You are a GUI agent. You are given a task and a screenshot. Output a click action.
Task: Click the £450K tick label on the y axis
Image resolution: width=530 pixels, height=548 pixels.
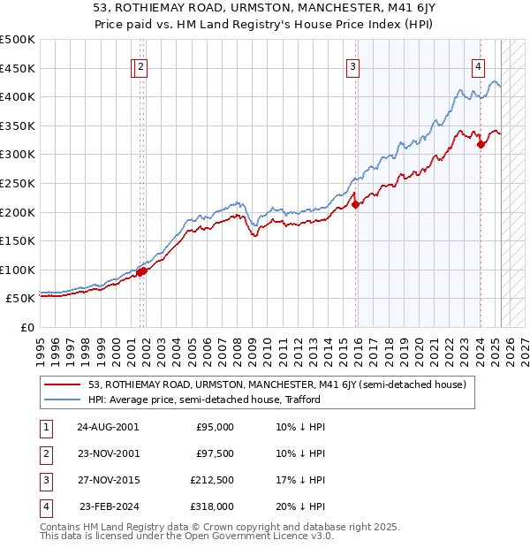pyautogui.click(x=17, y=68)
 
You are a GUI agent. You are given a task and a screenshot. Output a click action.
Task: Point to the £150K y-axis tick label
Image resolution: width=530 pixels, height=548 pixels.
pyautogui.click(x=17, y=240)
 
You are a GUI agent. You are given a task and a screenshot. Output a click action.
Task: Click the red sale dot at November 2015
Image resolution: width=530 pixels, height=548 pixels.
pyautogui.click(x=356, y=204)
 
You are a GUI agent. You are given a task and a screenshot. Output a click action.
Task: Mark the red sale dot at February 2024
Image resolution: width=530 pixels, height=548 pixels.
pyautogui.click(x=481, y=144)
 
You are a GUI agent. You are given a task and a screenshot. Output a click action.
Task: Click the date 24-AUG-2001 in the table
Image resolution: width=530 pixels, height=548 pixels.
pyautogui.click(x=108, y=427)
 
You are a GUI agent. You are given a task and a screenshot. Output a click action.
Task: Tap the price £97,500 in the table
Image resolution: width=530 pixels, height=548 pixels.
pyautogui.click(x=215, y=453)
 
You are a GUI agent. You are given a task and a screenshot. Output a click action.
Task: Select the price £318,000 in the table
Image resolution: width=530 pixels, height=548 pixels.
pyautogui.click(x=215, y=506)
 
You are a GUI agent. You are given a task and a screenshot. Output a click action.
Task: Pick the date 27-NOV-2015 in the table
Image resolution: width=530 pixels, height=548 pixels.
pyautogui.click(x=108, y=480)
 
